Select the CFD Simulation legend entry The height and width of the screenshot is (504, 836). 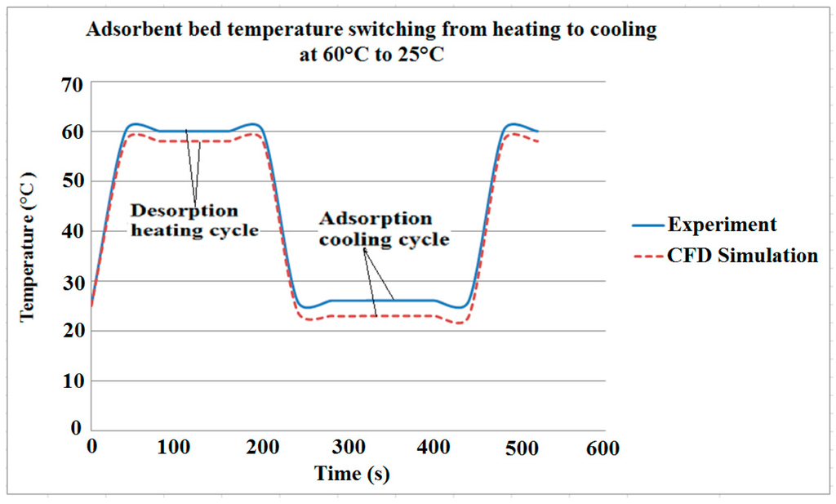[x=725, y=256]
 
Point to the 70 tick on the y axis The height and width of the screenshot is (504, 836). [x=71, y=84]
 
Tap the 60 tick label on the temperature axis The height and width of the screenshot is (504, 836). [x=71, y=132]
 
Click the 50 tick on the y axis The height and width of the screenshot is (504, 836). [x=71, y=182]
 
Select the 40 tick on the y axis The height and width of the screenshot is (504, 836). [x=71, y=232]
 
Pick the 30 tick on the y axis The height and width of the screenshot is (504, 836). [x=71, y=282]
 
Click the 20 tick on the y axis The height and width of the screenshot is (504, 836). [x=71, y=331]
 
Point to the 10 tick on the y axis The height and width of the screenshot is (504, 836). [x=71, y=381]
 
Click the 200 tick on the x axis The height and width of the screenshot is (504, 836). [x=263, y=448]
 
